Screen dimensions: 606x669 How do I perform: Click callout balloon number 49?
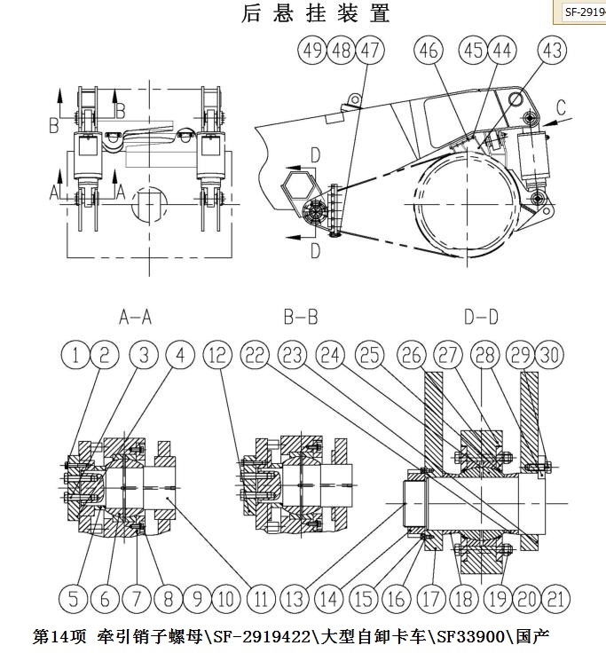312,51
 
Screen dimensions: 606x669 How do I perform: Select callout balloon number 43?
552,51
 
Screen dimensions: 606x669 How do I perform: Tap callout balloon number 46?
429,51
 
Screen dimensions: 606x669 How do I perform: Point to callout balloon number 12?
217,355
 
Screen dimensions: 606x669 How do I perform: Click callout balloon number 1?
75,355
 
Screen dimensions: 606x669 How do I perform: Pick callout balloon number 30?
549,355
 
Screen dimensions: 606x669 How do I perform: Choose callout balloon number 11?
261,599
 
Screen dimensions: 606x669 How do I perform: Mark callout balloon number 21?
555,599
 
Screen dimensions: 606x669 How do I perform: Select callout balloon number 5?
74,599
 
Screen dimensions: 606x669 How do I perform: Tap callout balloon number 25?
370,355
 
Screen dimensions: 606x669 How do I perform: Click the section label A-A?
135,318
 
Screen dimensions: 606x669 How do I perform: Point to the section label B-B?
301,318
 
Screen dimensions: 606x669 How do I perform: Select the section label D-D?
482,318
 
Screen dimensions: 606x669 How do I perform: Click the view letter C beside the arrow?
561,107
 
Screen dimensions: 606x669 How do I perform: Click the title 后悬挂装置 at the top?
315,12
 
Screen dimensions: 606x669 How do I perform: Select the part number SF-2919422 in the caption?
262,637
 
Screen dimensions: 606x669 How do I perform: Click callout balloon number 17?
430,599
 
